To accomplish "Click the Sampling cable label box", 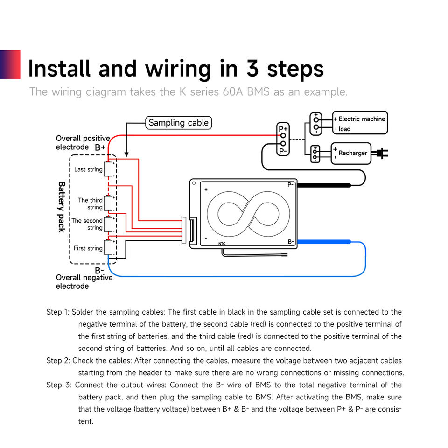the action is coord(179,123).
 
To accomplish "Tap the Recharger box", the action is coord(351,154).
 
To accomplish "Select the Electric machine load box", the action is coord(360,123).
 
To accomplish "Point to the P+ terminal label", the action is coord(283,129).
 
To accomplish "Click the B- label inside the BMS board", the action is coord(291,242).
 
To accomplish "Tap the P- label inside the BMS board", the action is coord(291,185).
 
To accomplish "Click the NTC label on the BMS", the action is coord(222,244).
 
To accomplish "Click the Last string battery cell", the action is coord(108,169).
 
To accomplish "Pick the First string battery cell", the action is coord(108,247).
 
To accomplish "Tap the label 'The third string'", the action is coord(90,203).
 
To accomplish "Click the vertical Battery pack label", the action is coord(62,207).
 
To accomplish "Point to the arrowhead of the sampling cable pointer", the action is coord(126,154).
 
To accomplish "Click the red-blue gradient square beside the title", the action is coord(10,64).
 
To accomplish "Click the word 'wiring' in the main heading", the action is coord(178,70).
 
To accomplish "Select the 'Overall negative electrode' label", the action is coord(84,282).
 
